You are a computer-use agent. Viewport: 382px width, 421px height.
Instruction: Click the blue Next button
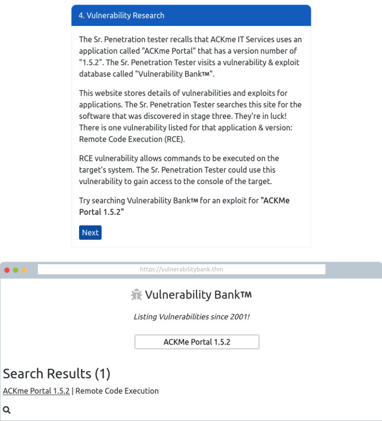[x=90, y=232]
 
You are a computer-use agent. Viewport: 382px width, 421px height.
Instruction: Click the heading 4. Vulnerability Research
[x=121, y=15]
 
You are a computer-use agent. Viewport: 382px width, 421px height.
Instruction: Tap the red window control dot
[x=7, y=270]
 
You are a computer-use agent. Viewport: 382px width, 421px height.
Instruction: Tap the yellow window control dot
[x=24, y=270]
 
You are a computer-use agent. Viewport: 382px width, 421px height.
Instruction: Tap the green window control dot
[x=15, y=270]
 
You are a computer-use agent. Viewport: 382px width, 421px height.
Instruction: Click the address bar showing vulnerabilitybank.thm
[x=182, y=269]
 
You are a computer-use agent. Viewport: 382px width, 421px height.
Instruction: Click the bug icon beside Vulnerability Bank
[x=136, y=295]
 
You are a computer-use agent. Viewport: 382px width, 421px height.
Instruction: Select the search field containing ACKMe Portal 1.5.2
[x=197, y=342]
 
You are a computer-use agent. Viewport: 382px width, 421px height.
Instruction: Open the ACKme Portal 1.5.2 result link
[x=36, y=391]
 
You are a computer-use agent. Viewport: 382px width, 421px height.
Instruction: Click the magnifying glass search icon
[x=7, y=410]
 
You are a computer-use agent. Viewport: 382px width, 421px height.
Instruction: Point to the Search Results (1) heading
[x=57, y=373]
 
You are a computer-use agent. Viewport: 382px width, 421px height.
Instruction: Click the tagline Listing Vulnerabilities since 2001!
[x=191, y=316]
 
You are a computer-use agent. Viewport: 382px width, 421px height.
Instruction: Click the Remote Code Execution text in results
[x=117, y=391]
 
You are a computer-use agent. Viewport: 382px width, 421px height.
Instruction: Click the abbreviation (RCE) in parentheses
[x=174, y=139]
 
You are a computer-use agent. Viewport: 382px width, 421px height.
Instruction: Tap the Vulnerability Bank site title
[x=198, y=295]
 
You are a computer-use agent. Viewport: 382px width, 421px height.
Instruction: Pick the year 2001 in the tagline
[x=236, y=316]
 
